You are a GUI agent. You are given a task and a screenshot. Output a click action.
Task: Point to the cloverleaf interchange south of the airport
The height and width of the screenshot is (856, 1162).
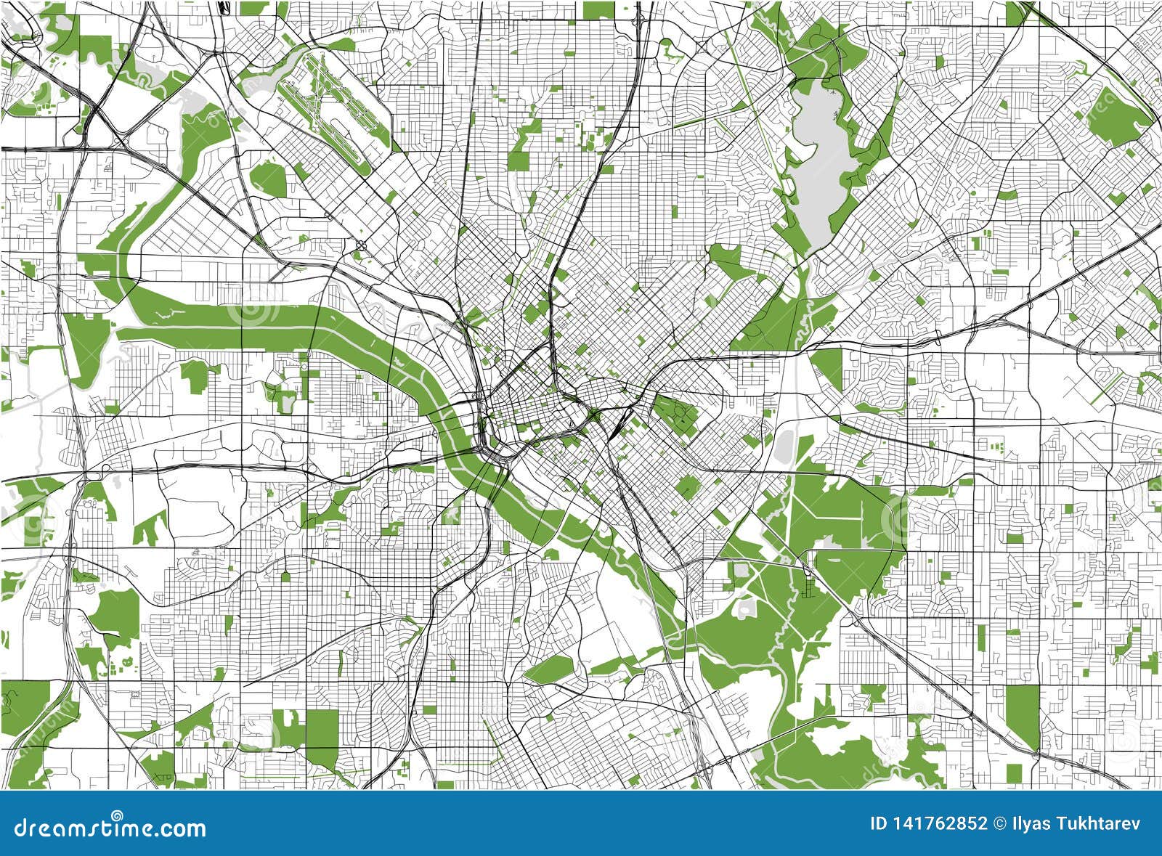pos(361,245)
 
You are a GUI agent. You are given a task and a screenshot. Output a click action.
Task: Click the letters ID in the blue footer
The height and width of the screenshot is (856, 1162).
pos(879,823)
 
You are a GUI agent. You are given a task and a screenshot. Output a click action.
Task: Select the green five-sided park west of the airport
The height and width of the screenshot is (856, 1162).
pos(268,179)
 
